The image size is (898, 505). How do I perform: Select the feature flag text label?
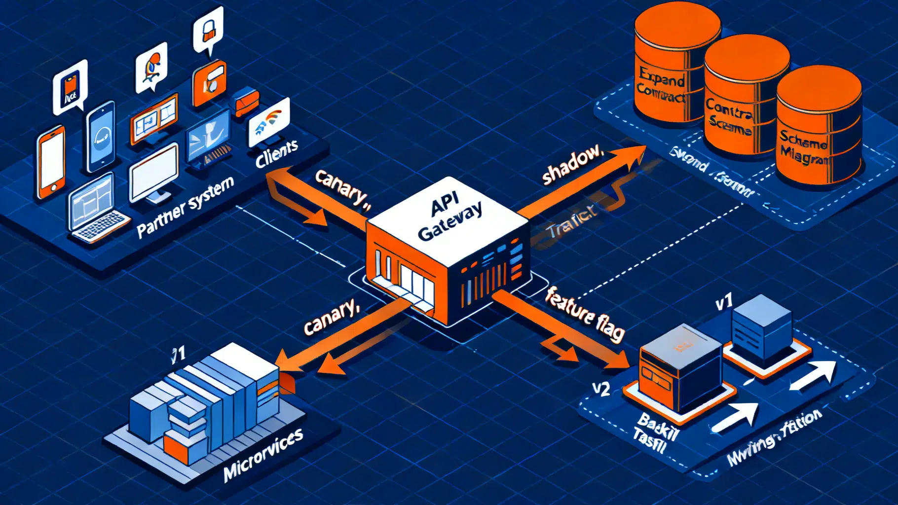click(585, 314)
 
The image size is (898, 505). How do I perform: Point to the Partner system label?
click(185, 207)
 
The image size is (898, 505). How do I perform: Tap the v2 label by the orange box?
click(600, 389)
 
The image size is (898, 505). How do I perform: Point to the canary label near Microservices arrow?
click(330, 318)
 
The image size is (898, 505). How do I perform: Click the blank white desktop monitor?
click(153, 173)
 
